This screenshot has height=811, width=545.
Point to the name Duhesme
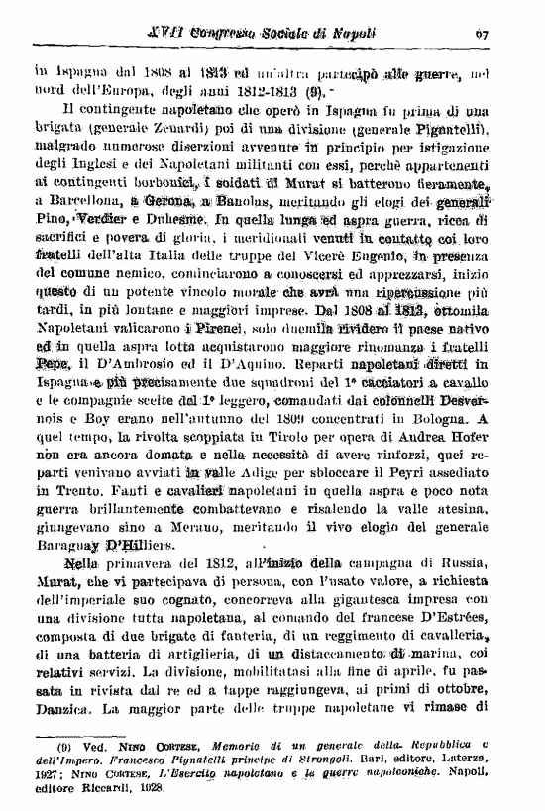coord(200,219)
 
